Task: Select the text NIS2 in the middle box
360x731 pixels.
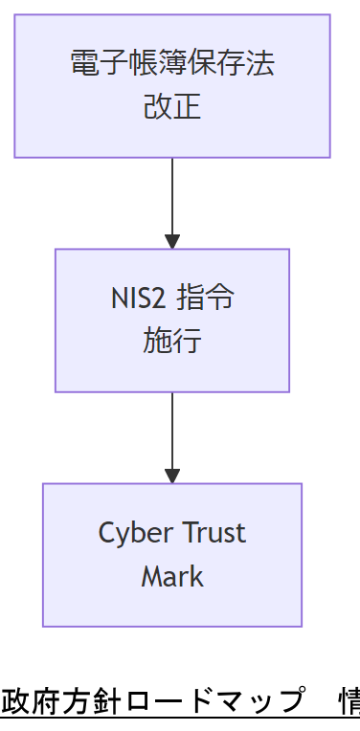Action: pos(138,298)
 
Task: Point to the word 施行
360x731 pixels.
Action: pos(172,341)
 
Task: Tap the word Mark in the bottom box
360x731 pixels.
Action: pos(172,576)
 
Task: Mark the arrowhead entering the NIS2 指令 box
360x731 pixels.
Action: pos(172,241)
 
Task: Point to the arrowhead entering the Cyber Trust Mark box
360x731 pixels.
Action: pos(172,476)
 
